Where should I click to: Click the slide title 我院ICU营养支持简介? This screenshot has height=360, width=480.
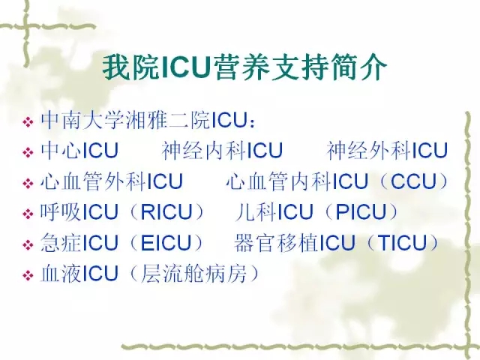click(x=244, y=67)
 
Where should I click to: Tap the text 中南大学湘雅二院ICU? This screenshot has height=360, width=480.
click(x=143, y=120)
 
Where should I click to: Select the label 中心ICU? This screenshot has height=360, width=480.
click(x=79, y=151)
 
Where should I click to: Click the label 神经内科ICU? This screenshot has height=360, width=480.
click(x=222, y=151)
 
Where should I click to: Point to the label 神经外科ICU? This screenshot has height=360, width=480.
click(x=387, y=151)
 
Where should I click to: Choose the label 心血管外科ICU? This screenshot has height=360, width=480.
click(x=112, y=181)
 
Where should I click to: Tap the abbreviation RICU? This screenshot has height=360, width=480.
click(x=166, y=211)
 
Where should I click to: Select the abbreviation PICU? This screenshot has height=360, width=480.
click(x=361, y=211)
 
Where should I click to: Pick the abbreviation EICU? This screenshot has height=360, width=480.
click(x=166, y=243)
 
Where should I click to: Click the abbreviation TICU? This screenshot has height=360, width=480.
click(x=402, y=243)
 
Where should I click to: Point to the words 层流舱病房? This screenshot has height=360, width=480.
click(x=193, y=273)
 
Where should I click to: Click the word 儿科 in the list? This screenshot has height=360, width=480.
click(x=256, y=211)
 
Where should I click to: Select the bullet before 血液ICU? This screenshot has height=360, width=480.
click(x=28, y=275)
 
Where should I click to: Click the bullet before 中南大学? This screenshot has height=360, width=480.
click(x=28, y=121)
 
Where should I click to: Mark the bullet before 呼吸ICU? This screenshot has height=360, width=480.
click(x=28, y=214)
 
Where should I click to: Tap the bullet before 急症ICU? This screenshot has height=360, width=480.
click(x=28, y=244)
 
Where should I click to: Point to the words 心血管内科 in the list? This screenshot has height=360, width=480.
click(x=278, y=181)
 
